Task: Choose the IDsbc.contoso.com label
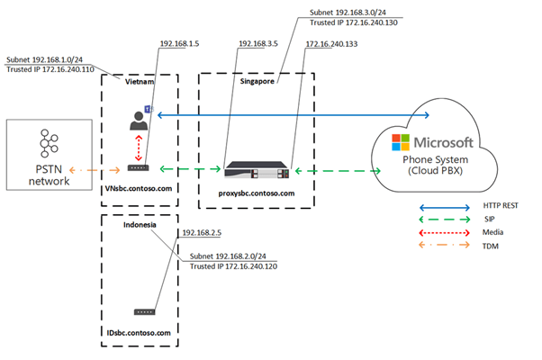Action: coord(138,334)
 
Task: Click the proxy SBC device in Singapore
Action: coord(260,168)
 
